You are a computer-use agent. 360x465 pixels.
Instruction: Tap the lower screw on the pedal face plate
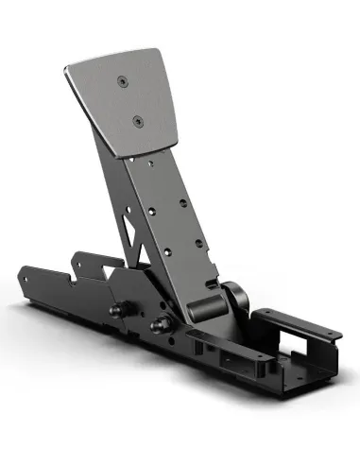point(138,121)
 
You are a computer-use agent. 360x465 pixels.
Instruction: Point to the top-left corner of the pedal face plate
point(67,67)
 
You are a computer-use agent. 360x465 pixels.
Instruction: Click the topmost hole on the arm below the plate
point(153,163)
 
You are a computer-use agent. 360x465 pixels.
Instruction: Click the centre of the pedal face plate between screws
point(130,101)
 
